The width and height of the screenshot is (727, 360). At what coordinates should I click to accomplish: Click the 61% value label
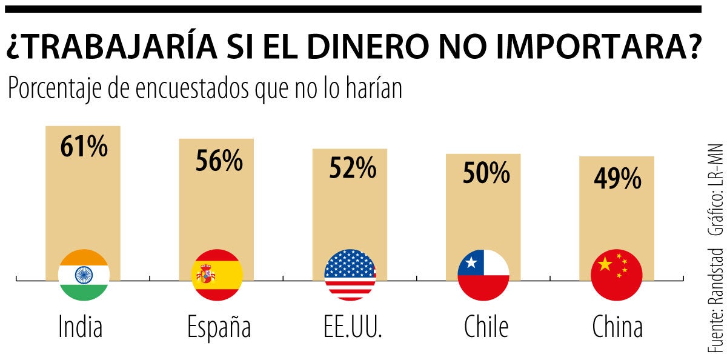[x=84, y=147]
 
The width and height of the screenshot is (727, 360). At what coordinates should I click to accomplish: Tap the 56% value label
[x=219, y=161]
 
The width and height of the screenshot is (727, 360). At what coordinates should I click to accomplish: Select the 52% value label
[x=353, y=169]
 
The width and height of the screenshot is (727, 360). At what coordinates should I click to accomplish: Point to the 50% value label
[x=486, y=174]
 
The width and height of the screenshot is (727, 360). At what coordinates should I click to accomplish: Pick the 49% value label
[x=617, y=179]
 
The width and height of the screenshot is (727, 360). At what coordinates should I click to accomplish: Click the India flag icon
[x=84, y=275]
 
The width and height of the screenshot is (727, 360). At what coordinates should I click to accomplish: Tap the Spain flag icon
[x=217, y=275]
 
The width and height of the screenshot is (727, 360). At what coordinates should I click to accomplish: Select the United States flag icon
[x=350, y=275]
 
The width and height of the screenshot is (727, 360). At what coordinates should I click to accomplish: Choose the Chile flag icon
[x=483, y=275]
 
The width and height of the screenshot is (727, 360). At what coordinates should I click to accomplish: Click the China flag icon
[x=616, y=275]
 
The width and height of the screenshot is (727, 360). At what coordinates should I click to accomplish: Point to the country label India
[x=81, y=327]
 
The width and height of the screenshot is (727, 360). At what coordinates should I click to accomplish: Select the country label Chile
[x=486, y=327]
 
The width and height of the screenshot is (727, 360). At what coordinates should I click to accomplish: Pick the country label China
[x=617, y=327]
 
